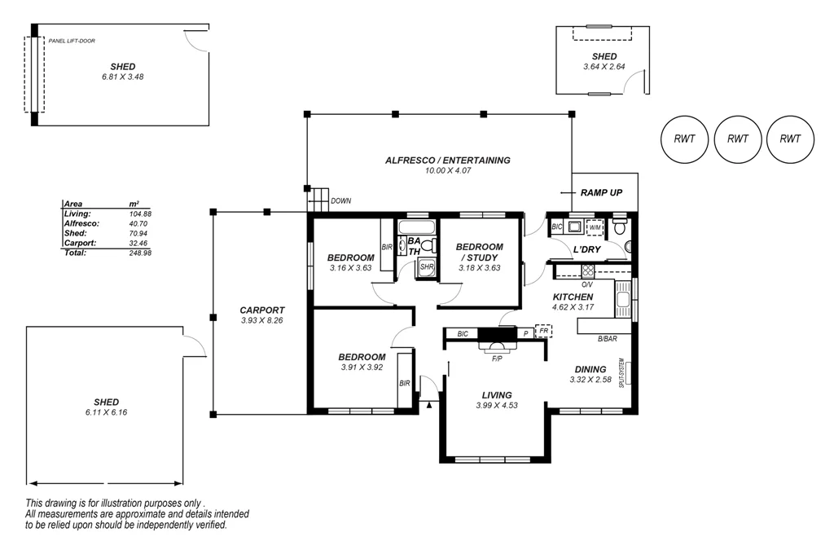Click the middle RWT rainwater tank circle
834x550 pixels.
coord(737,139)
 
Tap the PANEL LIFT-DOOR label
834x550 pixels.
coord(72,41)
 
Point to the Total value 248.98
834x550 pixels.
coord(140,253)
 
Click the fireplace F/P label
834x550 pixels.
coord(497,359)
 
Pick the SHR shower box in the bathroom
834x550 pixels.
coord(427,267)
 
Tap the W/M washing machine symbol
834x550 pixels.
coord(595,227)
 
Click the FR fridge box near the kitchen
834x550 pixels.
coord(543,331)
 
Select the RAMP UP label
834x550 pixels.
coord(601,192)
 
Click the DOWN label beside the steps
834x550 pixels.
coord(341,201)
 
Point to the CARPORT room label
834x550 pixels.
coord(262,310)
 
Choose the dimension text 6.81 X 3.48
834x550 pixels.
coord(123,77)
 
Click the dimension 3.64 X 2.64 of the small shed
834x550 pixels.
coord(604,67)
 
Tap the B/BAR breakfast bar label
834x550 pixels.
coord(608,338)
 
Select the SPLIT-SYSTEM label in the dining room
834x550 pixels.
coord(621,373)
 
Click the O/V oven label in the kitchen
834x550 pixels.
coord(587,285)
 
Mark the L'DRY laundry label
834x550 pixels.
coord(587,249)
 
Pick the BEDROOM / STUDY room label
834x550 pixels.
coord(479,252)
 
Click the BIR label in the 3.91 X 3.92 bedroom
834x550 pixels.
coord(405,383)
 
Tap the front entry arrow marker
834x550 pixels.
coord(428,405)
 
